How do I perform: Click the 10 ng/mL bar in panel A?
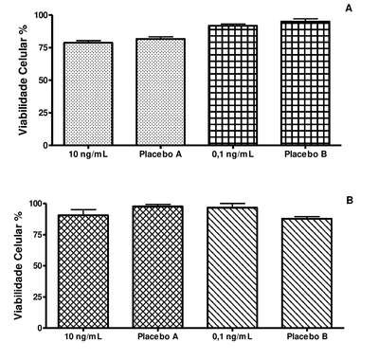(88, 94)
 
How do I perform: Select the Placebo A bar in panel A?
(160, 92)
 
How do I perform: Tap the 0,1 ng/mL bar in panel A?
(233, 85)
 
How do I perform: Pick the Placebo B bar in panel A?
(305, 83)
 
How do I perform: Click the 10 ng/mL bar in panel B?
(83, 271)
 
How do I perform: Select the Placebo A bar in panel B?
(158, 267)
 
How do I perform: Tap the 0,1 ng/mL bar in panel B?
(232, 267)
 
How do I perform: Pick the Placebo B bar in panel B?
(307, 273)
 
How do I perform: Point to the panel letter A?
(349, 9)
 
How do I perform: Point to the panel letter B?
(350, 200)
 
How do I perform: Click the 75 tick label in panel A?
(44, 47)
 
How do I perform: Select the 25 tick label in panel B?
(38, 297)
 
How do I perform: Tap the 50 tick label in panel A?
(44, 81)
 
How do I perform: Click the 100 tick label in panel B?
(35, 204)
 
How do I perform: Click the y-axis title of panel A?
(23, 79)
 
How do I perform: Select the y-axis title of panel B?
(18, 263)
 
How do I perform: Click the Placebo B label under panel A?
(305, 154)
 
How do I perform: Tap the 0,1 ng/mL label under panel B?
(232, 336)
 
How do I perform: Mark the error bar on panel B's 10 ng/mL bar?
(83, 212)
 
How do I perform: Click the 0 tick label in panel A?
(45, 145)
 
